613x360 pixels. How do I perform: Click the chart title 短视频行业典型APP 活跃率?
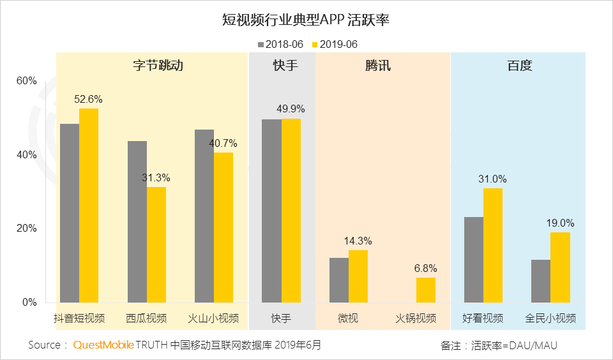coord(306,20)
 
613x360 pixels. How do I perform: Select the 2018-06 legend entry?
coord(282,44)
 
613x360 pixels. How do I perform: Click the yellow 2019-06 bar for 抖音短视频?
coord(89,205)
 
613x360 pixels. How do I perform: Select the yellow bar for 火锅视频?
coord(426,290)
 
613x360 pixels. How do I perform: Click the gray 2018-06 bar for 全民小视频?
coord(541,281)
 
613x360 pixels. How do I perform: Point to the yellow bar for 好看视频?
coord(493,245)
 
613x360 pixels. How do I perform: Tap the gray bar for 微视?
coord(339,280)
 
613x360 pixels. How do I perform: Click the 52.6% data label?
coord(88,100)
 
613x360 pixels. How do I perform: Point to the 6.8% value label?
coord(426,269)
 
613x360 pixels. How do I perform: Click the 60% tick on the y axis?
coord(27,81)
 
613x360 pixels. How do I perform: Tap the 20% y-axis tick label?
coord(27,229)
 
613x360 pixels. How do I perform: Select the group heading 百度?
coord(519,65)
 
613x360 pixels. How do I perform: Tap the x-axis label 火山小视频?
coord(214,318)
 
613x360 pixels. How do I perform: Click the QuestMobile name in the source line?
coord(103,345)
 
